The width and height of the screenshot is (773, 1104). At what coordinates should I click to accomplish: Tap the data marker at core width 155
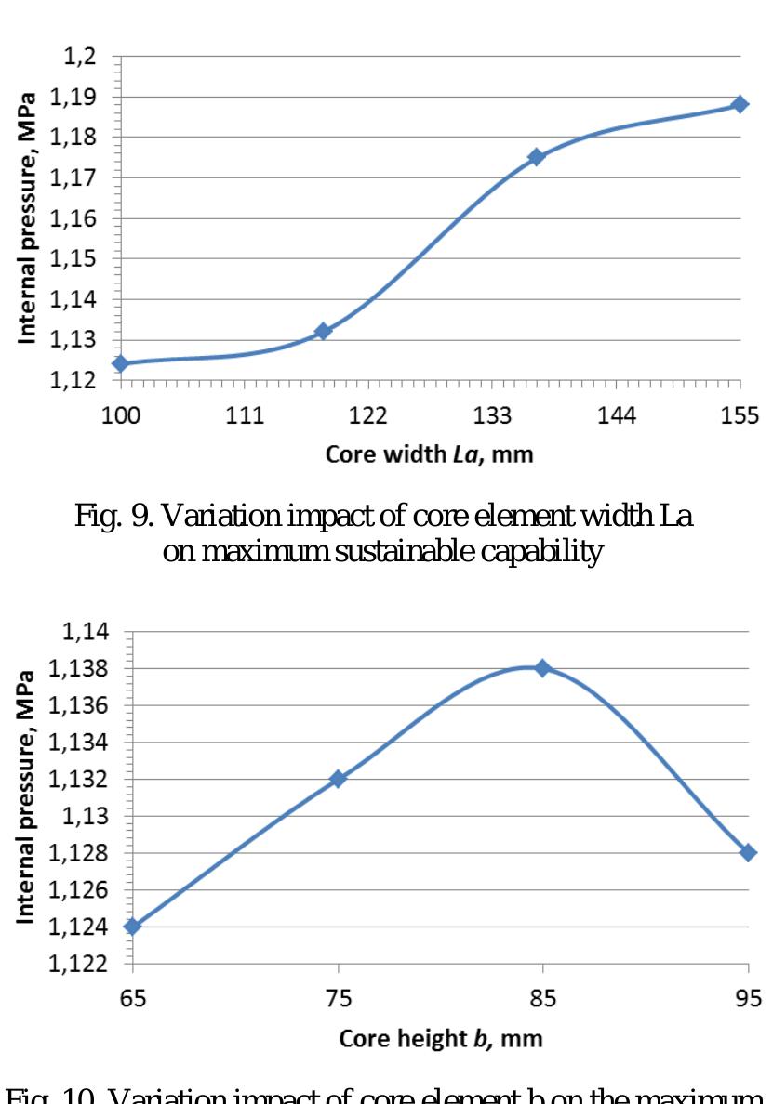click(x=740, y=104)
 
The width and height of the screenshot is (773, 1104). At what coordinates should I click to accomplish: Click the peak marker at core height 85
click(x=542, y=667)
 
